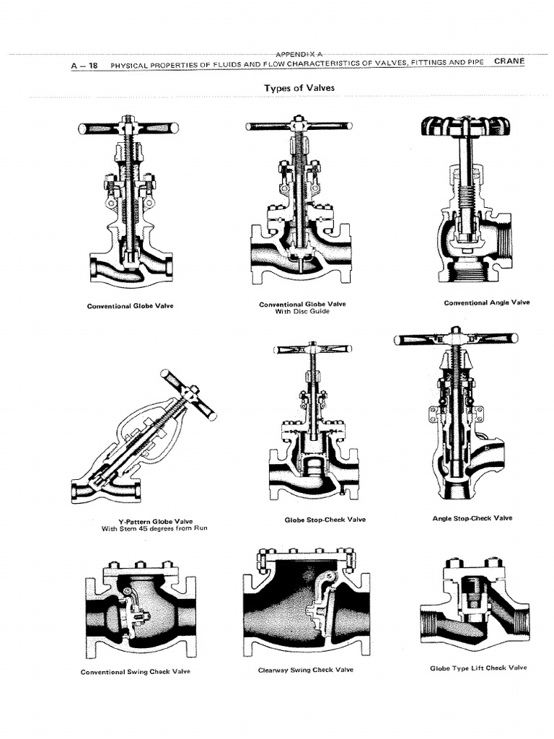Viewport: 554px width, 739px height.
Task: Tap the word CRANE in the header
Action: click(509, 61)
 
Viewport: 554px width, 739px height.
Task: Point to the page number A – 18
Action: click(84, 66)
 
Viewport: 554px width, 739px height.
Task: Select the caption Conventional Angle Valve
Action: click(486, 302)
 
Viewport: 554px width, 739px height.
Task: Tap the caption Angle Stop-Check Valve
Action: click(473, 518)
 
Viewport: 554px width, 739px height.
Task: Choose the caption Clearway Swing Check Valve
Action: click(306, 670)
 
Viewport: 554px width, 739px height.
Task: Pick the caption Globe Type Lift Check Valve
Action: click(478, 668)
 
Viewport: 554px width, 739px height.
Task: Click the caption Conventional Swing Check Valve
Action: click(136, 672)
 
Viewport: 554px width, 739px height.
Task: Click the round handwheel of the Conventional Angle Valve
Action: click(465, 126)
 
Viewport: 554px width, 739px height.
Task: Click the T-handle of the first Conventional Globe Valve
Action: click(128, 128)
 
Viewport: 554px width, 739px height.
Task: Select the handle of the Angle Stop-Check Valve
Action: click(456, 338)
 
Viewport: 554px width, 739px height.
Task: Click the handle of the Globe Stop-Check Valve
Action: click(312, 349)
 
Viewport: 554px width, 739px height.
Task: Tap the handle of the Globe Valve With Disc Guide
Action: click(299, 126)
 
